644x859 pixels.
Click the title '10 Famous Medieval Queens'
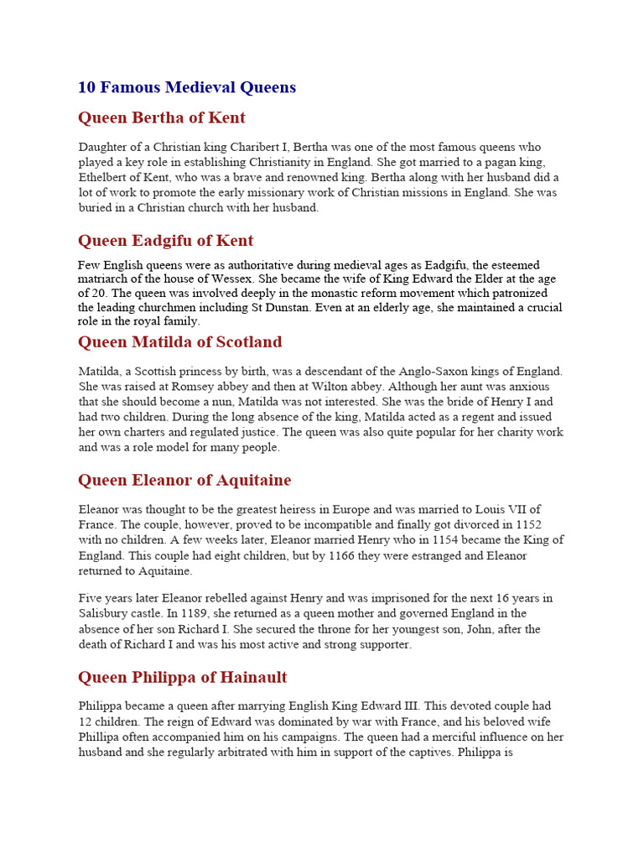[186, 87]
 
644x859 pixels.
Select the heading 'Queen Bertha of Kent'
[162, 117]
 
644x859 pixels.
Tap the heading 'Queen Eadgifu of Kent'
[165, 241]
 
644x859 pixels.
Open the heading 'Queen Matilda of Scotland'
[179, 342]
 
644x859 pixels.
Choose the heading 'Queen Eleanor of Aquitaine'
[184, 481]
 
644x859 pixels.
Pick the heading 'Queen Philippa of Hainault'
[183, 677]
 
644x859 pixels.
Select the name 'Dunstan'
[289, 308]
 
